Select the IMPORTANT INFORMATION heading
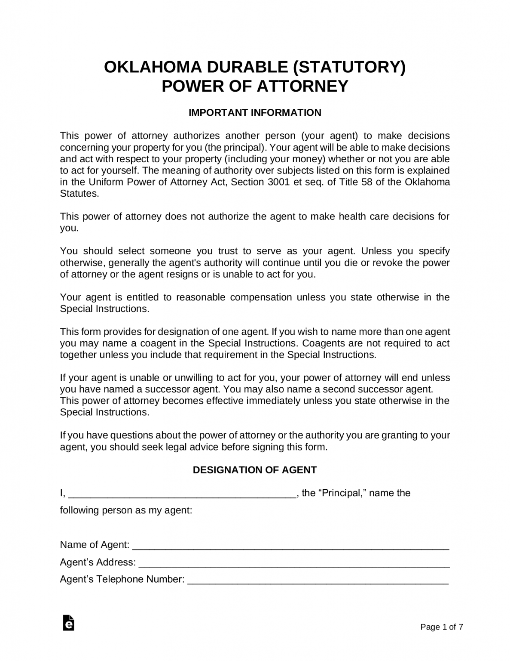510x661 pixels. click(255, 113)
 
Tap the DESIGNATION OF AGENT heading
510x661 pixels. click(255, 470)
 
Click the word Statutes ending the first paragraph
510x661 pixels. click(79, 194)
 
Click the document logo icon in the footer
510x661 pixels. click(68, 623)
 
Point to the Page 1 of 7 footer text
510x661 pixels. click(442, 627)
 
